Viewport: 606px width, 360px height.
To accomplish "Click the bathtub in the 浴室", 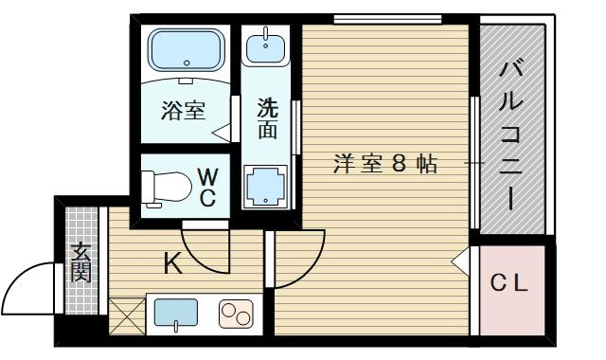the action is (x=187, y=49).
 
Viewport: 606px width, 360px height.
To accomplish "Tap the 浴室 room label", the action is (x=183, y=110).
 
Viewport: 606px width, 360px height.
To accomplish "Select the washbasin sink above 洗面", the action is (x=266, y=46).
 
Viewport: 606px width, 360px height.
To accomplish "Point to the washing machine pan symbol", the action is (x=266, y=188).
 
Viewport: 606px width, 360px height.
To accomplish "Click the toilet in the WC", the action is (x=167, y=188).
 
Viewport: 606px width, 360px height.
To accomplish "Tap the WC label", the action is (x=208, y=188).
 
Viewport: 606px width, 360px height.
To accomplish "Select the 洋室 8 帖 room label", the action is (x=385, y=164).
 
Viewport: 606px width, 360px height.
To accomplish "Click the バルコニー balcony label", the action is (x=510, y=135).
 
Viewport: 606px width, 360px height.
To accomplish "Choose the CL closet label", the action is (x=509, y=283).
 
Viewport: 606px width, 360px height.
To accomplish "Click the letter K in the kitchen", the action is (x=173, y=263).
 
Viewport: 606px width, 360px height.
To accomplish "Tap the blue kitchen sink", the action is (x=176, y=313).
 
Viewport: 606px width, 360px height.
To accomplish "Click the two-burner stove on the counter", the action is (x=236, y=313).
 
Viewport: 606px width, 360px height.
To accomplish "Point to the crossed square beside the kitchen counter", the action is (x=127, y=316).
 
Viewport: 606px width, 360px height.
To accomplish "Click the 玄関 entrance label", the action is (x=81, y=262).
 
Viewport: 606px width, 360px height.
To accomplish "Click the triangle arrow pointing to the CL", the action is (x=460, y=261).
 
